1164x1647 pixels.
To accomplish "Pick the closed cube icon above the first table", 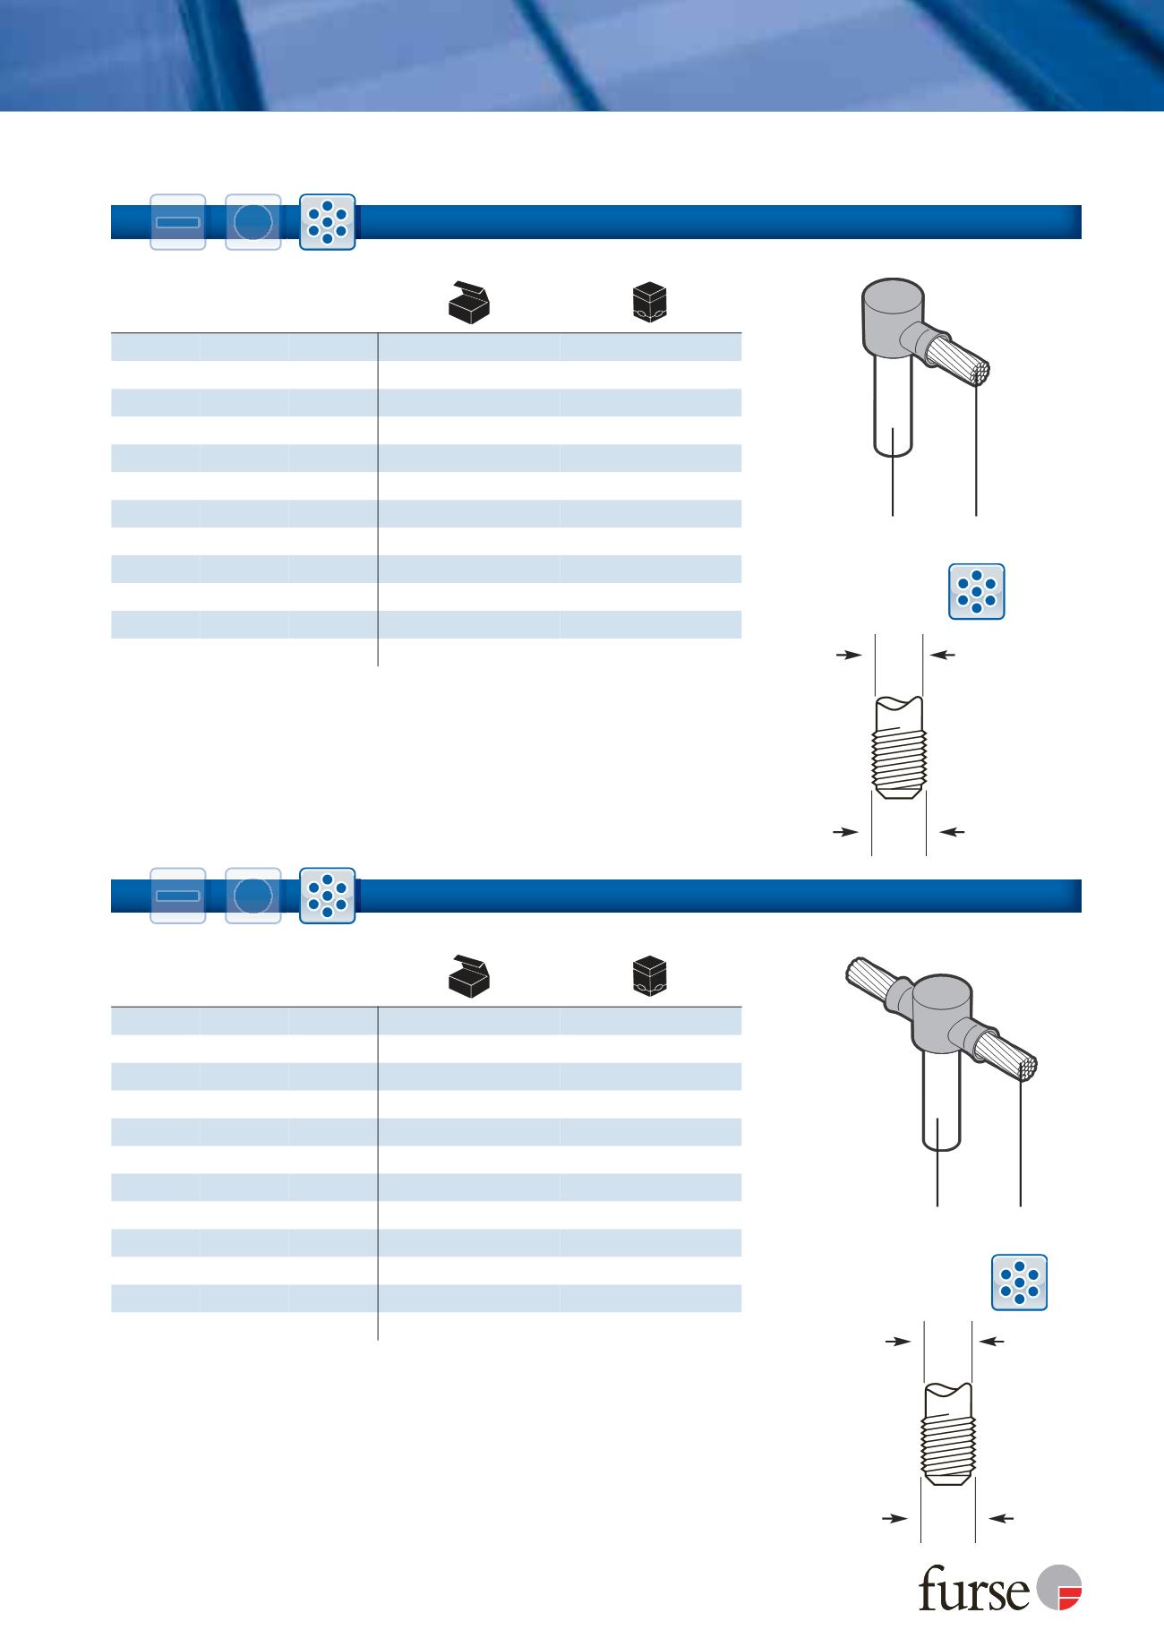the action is (x=652, y=301).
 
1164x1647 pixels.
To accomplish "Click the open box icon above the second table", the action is (x=472, y=974).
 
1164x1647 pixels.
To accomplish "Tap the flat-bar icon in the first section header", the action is (x=177, y=221).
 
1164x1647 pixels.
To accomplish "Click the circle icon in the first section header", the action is (x=253, y=221).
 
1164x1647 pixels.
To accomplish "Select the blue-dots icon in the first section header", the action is (x=328, y=221).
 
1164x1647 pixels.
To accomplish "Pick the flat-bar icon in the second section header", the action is (x=177, y=896).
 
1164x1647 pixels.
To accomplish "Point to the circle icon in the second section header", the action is (x=253, y=896).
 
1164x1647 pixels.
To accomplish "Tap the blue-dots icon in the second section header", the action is (x=328, y=896).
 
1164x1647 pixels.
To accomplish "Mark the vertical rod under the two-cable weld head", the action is (x=941, y=1098).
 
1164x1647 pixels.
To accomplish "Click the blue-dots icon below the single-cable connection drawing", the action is (x=977, y=591).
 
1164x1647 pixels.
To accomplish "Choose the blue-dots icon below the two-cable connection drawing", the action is (x=1020, y=1282).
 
